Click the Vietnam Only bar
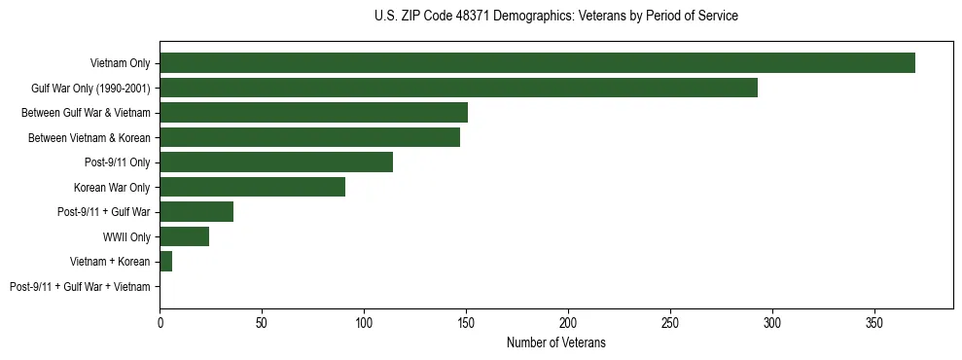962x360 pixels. pos(537,63)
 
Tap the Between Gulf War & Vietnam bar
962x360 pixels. pos(313,113)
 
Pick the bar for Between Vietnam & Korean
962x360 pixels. pos(309,137)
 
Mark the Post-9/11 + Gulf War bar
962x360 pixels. pos(196,212)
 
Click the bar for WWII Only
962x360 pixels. pos(184,236)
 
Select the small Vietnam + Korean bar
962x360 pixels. pos(166,262)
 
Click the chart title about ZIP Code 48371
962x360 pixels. pos(555,17)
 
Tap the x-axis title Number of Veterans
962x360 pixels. pos(555,342)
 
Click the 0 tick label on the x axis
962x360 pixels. pos(160,321)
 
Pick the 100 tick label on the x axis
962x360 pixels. pos(364,321)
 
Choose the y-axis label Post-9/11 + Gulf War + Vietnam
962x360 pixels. pos(80,287)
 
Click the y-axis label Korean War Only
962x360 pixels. pos(112,188)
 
